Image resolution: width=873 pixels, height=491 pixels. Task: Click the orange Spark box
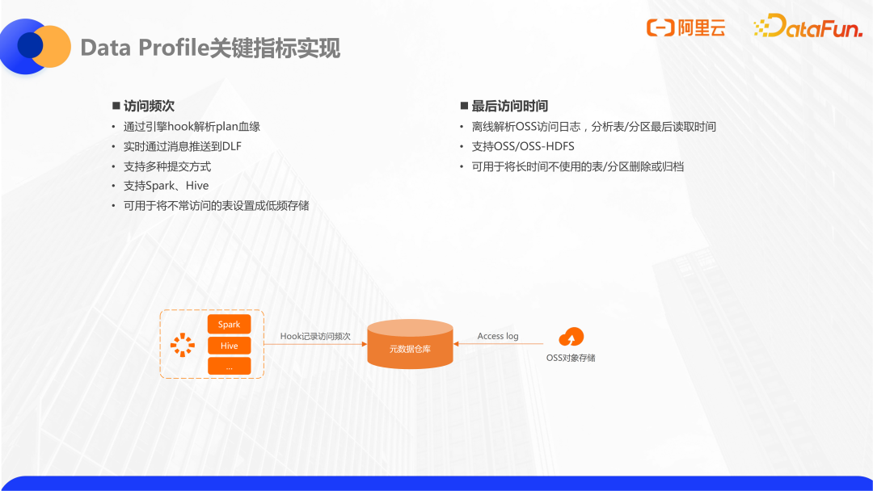pos(229,324)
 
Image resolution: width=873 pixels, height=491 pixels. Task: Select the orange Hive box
pos(229,346)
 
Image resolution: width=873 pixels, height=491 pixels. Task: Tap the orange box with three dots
pos(229,366)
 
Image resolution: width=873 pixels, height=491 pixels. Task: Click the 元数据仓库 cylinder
pos(410,344)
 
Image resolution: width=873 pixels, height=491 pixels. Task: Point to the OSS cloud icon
pos(571,337)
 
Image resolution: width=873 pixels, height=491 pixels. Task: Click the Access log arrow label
pos(498,336)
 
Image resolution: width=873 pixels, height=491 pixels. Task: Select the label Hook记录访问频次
pos(315,337)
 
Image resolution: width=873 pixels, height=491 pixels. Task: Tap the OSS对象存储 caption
pos(571,358)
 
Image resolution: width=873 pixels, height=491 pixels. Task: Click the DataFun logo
pos(808,26)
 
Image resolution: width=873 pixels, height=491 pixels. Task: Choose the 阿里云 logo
pos(686,27)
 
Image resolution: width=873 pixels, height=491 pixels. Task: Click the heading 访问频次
pos(149,106)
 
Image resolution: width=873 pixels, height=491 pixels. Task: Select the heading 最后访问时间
pos(509,106)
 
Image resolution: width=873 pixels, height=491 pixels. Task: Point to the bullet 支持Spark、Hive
pos(166,186)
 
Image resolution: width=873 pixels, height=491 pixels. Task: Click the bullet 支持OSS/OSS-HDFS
pos(523,146)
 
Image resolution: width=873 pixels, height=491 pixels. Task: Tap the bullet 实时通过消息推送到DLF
pos(183,146)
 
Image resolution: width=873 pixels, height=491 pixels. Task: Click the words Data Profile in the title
pos(145,48)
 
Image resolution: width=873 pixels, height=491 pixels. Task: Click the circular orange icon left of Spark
pos(183,345)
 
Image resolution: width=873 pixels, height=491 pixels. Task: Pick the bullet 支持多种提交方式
pos(167,166)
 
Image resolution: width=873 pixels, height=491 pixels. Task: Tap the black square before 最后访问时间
pos(464,106)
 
